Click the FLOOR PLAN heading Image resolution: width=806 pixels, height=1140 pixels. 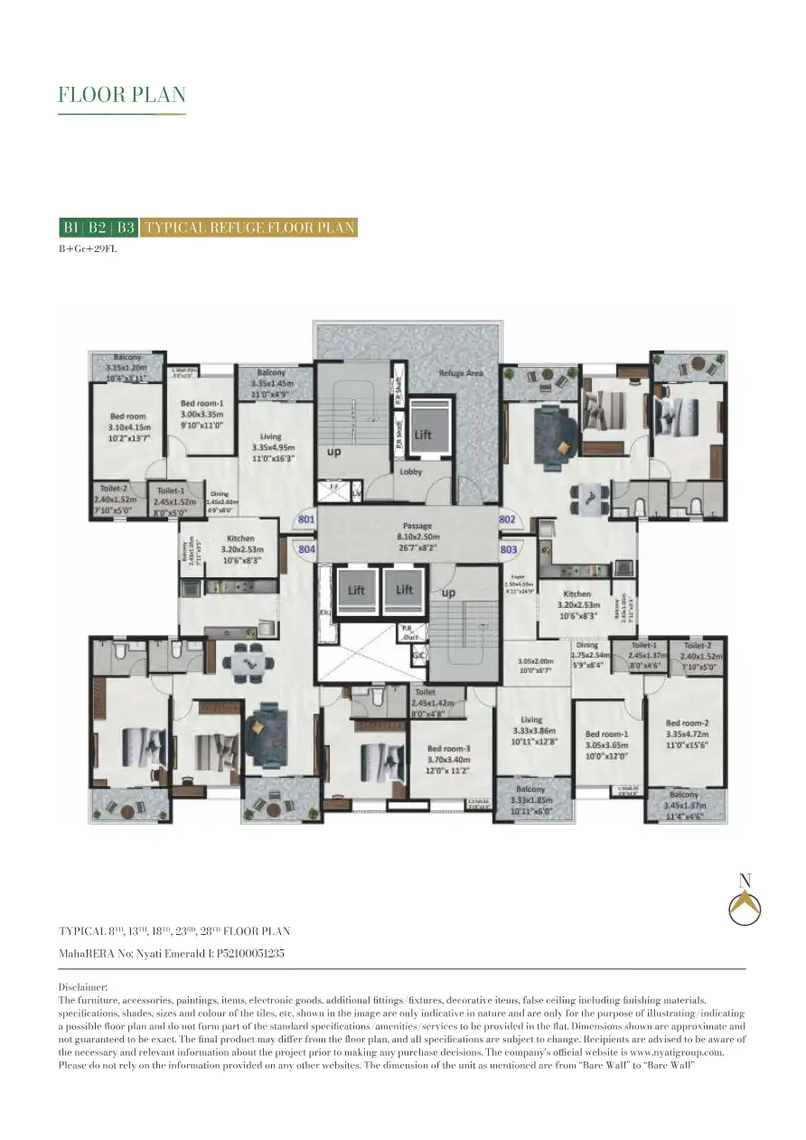pyautogui.click(x=122, y=95)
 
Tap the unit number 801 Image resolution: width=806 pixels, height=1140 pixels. pyautogui.click(x=306, y=519)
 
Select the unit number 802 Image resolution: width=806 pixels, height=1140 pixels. pyautogui.click(x=507, y=519)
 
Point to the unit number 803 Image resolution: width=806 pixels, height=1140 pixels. pyautogui.click(x=507, y=548)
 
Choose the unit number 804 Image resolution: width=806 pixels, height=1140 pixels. pyautogui.click(x=306, y=548)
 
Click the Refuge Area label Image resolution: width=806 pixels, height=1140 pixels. pyautogui.click(x=461, y=373)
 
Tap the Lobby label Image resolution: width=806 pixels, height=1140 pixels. pyautogui.click(x=411, y=472)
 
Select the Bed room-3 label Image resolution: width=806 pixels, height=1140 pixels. pyautogui.click(x=448, y=749)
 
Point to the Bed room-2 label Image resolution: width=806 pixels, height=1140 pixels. pyautogui.click(x=687, y=723)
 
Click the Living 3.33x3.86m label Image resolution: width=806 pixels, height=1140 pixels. pyautogui.click(x=531, y=730)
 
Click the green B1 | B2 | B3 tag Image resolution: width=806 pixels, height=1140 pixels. pyautogui.click(x=98, y=227)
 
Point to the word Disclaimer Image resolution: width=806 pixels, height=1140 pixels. pyautogui.click(x=83, y=988)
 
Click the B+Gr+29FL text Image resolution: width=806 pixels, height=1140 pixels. pyautogui.click(x=88, y=249)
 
